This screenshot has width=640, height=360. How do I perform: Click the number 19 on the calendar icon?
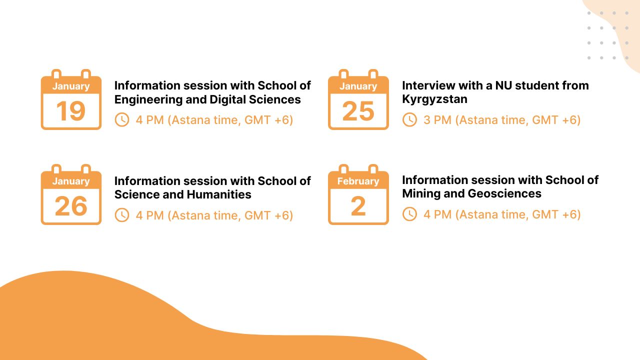click(x=70, y=111)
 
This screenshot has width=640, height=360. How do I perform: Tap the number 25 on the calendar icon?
click(x=358, y=111)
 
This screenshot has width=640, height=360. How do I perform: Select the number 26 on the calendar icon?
click(x=70, y=206)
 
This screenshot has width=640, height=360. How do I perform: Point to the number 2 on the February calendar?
click(x=358, y=206)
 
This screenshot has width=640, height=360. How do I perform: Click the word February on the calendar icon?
click(x=358, y=181)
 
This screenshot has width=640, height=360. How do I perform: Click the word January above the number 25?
click(x=358, y=86)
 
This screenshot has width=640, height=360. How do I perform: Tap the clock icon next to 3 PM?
click(x=409, y=120)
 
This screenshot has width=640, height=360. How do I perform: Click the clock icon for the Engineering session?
click(x=122, y=120)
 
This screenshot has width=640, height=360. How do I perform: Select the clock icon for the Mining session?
click(x=409, y=214)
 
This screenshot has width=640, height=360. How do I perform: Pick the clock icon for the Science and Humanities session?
click(x=122, y=215)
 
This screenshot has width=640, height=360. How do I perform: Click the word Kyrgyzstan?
click(x=434, y=99)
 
